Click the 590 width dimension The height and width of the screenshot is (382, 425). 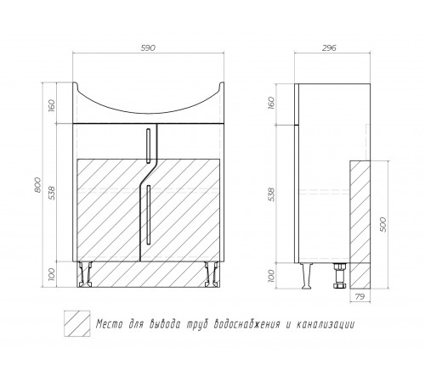tap(148, 48)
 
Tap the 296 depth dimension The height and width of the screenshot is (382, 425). tap(329, 48)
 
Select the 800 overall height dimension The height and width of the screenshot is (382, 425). tap(37, 185)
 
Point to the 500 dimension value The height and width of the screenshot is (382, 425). tap(382, 224)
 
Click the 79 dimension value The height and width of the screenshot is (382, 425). tap(360, 297)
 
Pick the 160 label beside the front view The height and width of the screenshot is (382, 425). tap(52, 105)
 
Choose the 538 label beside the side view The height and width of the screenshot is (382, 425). tap(271, 194)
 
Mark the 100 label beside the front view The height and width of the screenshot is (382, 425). tap(52, 274)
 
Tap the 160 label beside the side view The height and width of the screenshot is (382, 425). tap(271, 103)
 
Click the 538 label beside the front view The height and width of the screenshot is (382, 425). tap(52, 192)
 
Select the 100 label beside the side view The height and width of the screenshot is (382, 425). tap(271, 276)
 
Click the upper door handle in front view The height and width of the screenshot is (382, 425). tap(148, 146)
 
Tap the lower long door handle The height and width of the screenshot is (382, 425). tap(148, 214)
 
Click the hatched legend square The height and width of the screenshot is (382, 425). tap(77, 323)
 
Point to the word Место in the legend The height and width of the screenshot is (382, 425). tap(109, 324)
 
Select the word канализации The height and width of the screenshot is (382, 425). tap(326, 324)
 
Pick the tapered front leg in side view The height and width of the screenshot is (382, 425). tap(307, 276)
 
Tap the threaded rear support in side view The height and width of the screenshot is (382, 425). tap(339, 276)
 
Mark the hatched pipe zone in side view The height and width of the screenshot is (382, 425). tap(360, 225)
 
